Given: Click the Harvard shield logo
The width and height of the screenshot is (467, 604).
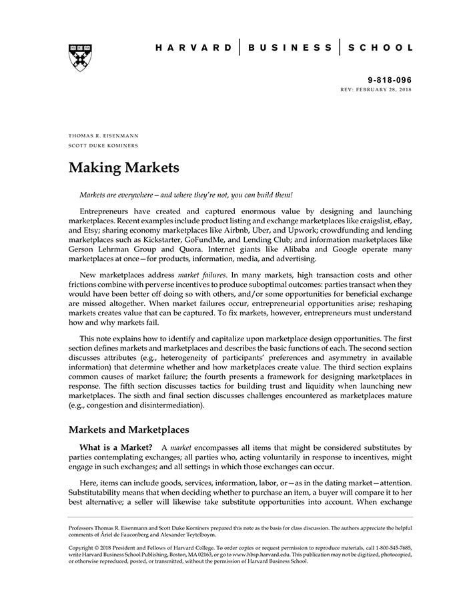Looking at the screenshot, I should pos(81,58).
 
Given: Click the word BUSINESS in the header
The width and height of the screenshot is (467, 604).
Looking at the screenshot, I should pos(290,48).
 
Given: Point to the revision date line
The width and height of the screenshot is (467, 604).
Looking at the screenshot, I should pos(376,89).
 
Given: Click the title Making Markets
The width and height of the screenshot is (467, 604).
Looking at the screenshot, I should pos(124,168).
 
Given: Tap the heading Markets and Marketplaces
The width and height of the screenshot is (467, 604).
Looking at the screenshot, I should pos(129,429).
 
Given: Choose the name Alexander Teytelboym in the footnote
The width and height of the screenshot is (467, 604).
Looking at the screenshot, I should pos(187,535).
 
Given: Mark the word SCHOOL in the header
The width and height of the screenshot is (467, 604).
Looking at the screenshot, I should pos(381,48).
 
